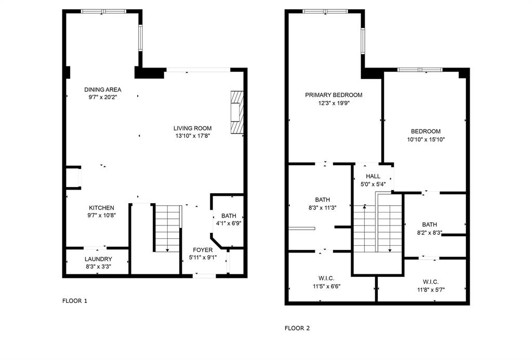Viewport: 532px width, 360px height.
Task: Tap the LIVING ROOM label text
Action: pyautogui.click(x=192, y=128)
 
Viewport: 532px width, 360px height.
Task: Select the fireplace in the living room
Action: pyautogui.click(x=237, y=113)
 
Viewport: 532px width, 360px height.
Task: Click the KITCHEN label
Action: pyautogui.click(x=101, y=208)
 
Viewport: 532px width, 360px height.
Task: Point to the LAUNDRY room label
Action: pyautogui.click(x=98, y=259)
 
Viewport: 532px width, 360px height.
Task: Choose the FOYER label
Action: pyautogui.click(x=203, y=250)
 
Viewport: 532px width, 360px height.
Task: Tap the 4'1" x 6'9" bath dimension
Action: pyautogui.click(x=229, y=223)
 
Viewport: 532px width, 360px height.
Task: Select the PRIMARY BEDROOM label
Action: pyautogui.click(x=334, y=95)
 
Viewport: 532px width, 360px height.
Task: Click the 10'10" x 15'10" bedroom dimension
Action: pyautogui.click(x=426, y=139)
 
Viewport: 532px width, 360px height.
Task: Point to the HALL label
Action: pyautogui.click(x=373, y=177)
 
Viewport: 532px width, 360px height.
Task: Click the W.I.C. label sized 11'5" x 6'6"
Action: pyautogui.click(x=326, y=278)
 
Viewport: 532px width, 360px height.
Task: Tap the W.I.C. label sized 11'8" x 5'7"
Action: pyautogui.click(x=428, y=282)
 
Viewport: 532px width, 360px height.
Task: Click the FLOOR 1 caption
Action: pyautogui.click(x=75, y=301)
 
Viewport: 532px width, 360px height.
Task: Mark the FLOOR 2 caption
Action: pyautogui.click(x=297, y=328)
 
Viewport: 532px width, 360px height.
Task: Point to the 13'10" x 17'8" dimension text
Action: pyautogui.click(x=192, y=136)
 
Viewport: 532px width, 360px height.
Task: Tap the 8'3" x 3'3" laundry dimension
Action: pyautogui.click(x=98, y=266)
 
